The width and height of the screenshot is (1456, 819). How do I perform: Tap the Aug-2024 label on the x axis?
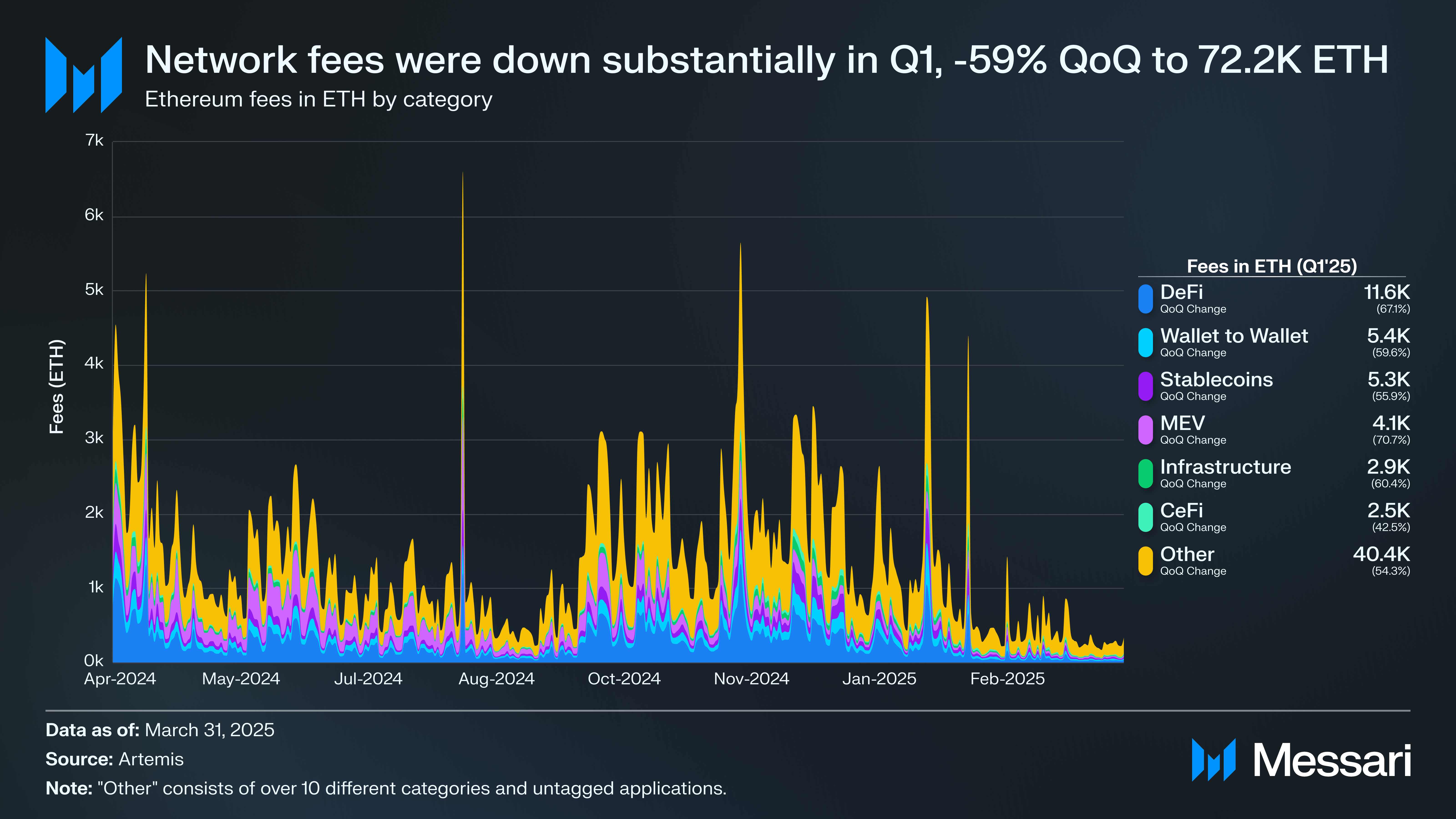(496, 679)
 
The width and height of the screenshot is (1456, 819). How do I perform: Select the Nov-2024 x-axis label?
(751, 679)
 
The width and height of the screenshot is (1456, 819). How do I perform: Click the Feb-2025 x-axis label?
(1007, 679)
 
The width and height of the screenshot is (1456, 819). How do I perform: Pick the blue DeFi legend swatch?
(1145, 299)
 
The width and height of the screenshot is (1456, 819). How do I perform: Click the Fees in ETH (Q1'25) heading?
(1272, 266)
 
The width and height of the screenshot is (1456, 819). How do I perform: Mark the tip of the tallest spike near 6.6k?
(463, 173)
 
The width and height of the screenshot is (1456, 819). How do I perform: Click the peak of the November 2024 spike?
(741, 244)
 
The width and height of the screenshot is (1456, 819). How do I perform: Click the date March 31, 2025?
(209, 730)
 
